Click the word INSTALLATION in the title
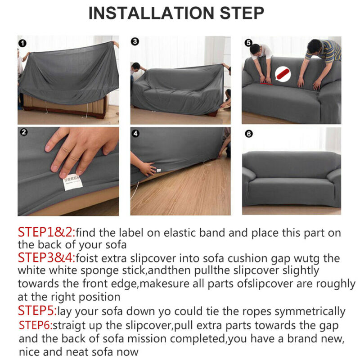tap(151, 13)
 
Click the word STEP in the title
tap(242, 13)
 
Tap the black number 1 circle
tap(22, 43)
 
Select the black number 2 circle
tap(24, 132)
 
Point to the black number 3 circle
tap(135, 41)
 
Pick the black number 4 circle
tap(135, 134)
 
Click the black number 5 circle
tap(248, 43)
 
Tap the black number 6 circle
tap(249, 134)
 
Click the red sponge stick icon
tap(283, 74)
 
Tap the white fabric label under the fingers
tap(73, 182)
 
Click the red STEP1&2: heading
tap(47, 232)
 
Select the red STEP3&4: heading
tap(47, 257)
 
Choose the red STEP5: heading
tap(37, 310)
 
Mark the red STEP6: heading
tap(36, 325)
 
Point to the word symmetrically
tap(310, 312)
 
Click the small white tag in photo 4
tap(158, 170)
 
